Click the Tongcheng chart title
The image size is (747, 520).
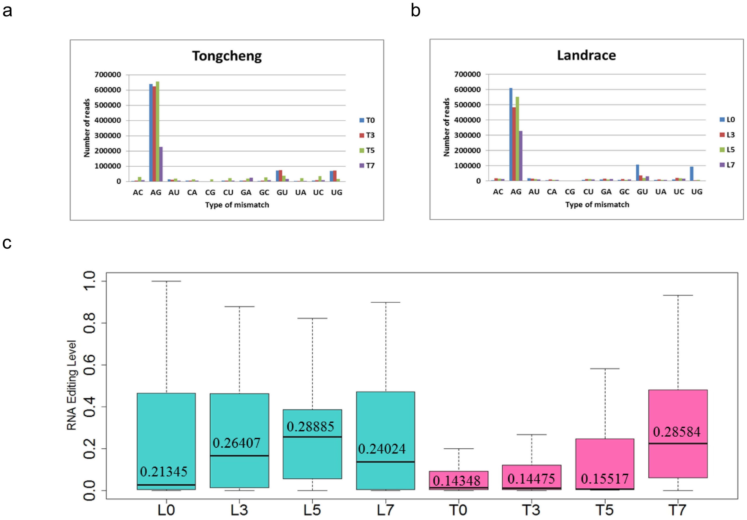(227, 56)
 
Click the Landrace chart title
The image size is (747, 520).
(586, 55)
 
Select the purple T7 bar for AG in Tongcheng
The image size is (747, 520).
(161, 164)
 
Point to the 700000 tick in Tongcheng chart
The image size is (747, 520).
(108, 75)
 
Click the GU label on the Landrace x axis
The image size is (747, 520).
(642, 192)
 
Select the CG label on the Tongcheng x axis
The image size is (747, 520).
(210, 192)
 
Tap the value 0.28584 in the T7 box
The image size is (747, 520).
(676, 432)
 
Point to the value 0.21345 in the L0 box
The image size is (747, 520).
(164, 471)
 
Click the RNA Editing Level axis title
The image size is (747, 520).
(71, 385)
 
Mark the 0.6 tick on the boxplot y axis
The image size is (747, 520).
(89, 365)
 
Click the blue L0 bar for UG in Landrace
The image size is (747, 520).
(692, 174)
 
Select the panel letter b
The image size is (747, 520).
(415, 11)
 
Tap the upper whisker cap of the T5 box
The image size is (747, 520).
(605, 369)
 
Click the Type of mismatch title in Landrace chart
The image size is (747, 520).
(597, 204)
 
